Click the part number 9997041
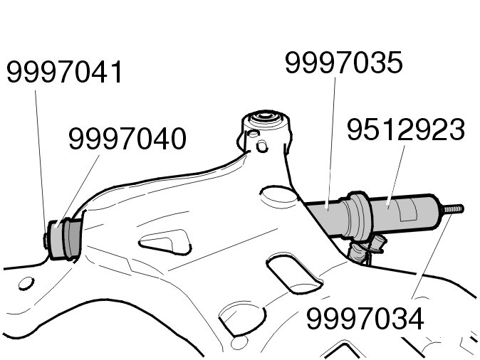click(64, 72)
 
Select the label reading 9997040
click(127, 139)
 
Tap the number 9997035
click(343, 63)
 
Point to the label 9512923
click(406, 129)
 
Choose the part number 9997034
click(365, 319)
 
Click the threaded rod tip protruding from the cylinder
click(452, 209)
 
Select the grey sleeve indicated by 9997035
click(325, 216)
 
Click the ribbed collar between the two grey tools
click(358, 216)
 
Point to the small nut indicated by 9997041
click(46, 240)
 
